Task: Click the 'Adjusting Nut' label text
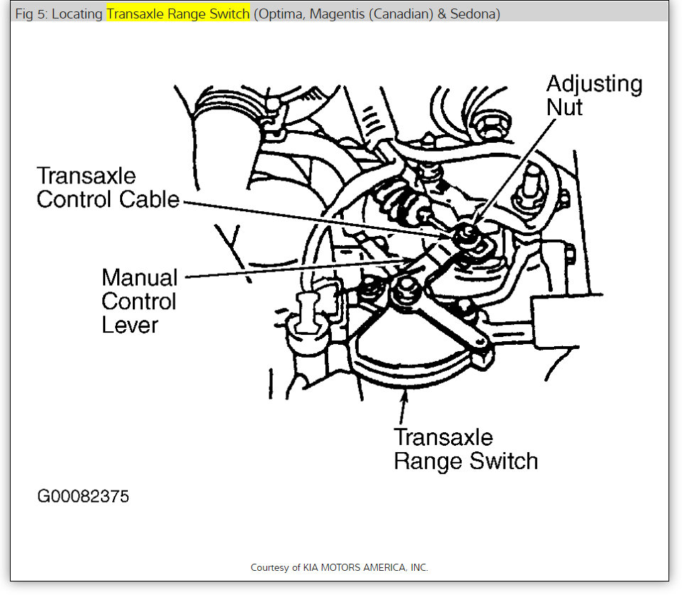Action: pyautogui.click(x=594, y=95)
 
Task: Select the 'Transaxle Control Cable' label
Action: pyautogui.click(x=108, y=188)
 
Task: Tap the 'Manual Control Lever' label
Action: pyautogui.click(x=139, y=301)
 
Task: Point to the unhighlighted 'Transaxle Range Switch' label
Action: pyautogui.click(x=465, y=449)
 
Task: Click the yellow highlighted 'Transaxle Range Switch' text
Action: pyautogui.click(x=178, y=14)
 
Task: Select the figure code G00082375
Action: pyautogui.click(x=83, y=495)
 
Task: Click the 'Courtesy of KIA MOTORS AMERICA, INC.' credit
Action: pyautogui.click(x=340, y=567)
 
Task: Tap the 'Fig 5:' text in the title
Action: pyautogui.click(x=31, y=14)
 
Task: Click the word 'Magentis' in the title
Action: pyautogui.click(x=335, y=14)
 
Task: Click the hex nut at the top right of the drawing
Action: pyautogui.click(x=489, y=125)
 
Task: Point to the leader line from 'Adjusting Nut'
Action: pyautogui.click(x=511, y=171)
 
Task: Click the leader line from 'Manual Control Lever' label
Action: pyautogui.click(x=284, y=270)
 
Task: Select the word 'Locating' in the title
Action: pyautogui.click(x=78, y=14)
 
